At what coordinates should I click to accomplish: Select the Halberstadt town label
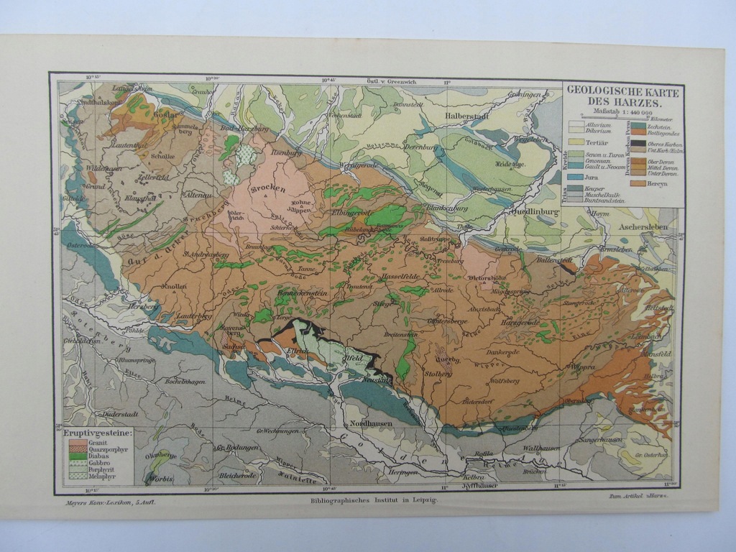[x=466, y=116]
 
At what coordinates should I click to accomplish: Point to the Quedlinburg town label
[x=535, y=213]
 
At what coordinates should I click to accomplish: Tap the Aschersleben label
[x=643, y=226]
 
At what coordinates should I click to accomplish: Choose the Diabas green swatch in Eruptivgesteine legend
[x=75, y=456]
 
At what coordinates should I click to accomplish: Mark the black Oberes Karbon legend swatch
[x=638, y=144]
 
